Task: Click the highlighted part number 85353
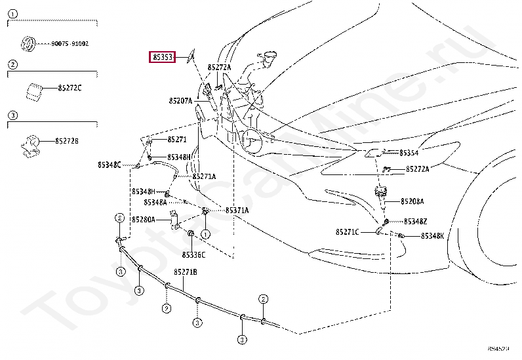pyautogui.click(x=163, y=58)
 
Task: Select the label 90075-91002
pyautogui.click(x=70, y=44)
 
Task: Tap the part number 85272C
pyautogui.click(x=70, y=88)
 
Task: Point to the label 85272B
pyautogui.click(x=66, y=141)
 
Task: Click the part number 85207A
pyautogui.click(x=180, y=101)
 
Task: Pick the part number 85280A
pyautogui.click(x=143, y=220)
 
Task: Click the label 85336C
pyautogui.click(x=193, y=254)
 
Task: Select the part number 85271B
pyautogui.click(x=186, y=271)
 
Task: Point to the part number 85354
pyautogui.click(x=409, y=153)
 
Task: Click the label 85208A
pyautogui.click(x=412, y=201)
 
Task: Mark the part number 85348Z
pyautogui.click(x=415, y=222)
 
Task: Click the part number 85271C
pyautogui.click(x=347, y=232)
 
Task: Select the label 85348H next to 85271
pyautogui.click(x=178, y=157)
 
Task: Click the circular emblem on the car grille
pyautogui.click(x=252, y=139)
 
